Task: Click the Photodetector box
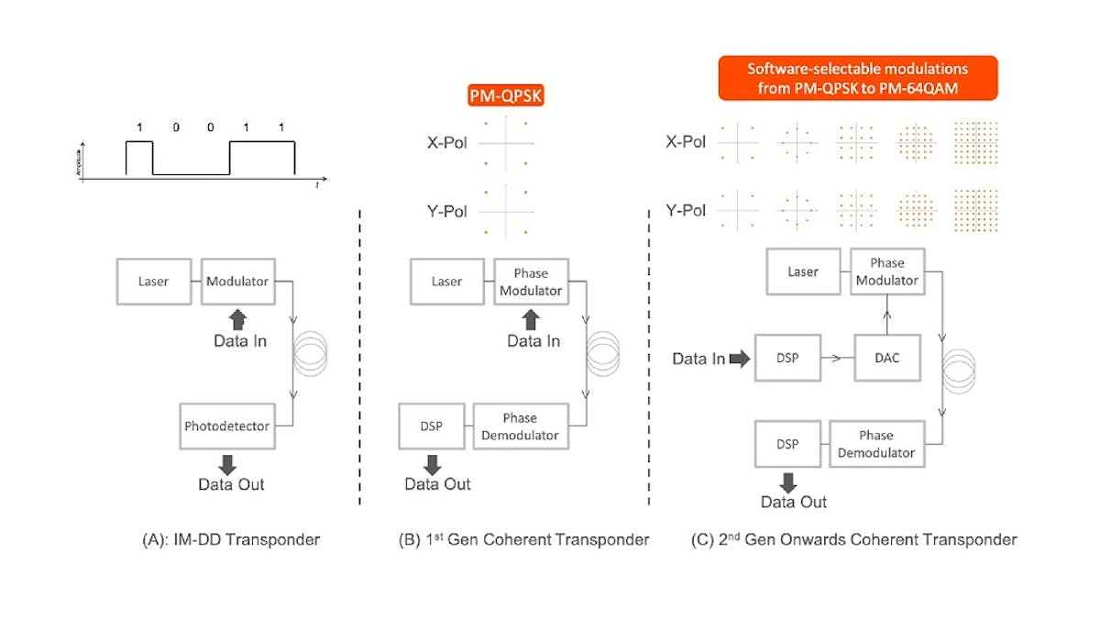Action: point(228,426)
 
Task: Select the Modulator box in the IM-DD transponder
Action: point(237,281)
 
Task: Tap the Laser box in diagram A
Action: point(153,281)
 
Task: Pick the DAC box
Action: point(887,358)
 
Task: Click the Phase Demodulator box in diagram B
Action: point(520,427)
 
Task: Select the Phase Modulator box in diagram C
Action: point(886,271)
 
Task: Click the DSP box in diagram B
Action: point(431,427)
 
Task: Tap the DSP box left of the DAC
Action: point(786,358)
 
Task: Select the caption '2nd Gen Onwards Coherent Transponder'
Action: point(853,539)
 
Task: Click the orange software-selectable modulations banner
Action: point(857,78)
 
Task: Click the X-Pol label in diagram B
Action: point(446,143)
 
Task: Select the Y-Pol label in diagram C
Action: point(686,210)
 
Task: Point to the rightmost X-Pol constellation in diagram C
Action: point(975,142)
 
